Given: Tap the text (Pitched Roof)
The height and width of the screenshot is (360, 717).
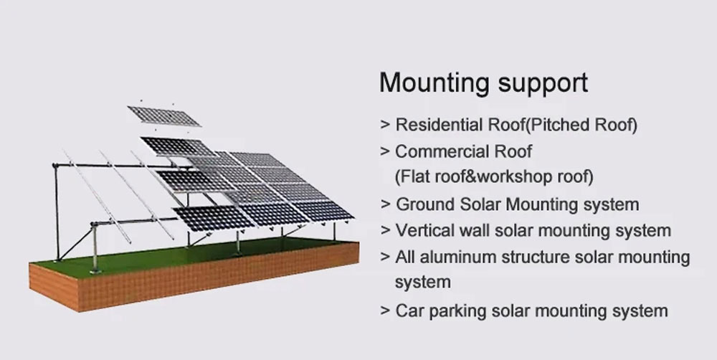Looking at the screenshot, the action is coord(580,125).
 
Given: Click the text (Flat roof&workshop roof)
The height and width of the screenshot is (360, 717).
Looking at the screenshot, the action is coord(494,176).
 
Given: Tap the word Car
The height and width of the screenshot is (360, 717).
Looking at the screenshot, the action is coord(410,311).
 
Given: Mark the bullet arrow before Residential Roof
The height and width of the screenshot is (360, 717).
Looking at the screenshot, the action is coord(385,125).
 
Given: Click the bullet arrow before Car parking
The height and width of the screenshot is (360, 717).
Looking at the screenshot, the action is coord(385,311).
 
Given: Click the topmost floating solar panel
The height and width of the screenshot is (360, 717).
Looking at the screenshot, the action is coord(163,116).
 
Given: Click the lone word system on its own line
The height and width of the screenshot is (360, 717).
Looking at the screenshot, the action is coord(423,283).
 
